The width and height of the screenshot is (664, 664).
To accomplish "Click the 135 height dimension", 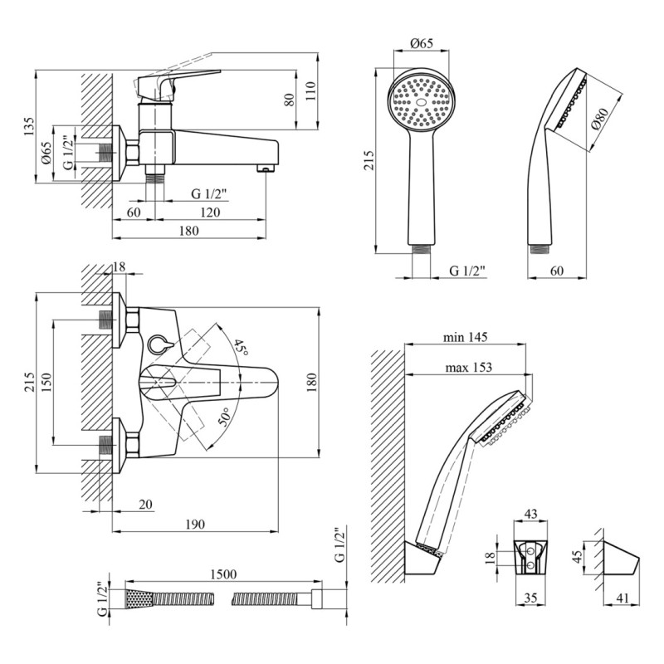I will pyautogui.click(x=29, y=126).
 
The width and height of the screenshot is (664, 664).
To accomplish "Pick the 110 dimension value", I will pyautogui.click(x=310, y=90).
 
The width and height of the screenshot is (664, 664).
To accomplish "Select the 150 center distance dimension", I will pyautogui.click(x=47, y=381).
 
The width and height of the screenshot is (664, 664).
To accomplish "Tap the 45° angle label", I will pyautogui.click(x=240, y=348).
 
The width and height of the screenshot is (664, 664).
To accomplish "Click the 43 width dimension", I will pyautogui.click(x=531, y=515).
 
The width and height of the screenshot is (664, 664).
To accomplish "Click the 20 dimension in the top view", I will pyautogui.click(x=146, y=503).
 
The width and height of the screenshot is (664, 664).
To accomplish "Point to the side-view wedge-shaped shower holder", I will pyautogui.click(x=619, y=564).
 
